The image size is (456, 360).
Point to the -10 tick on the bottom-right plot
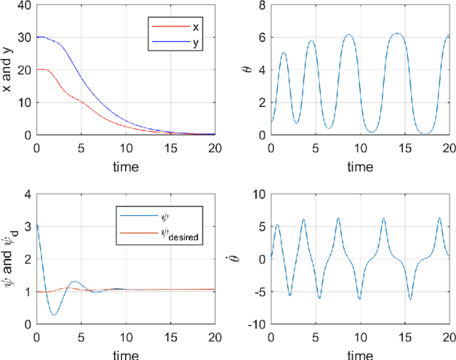click(x=256, y=324)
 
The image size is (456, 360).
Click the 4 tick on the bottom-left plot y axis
click(x=28, y=195)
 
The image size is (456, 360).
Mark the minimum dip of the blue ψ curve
click(x=54, y=314)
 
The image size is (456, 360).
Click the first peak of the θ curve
click(x=284, y=53)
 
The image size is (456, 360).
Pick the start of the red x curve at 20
click(x=37, y=70)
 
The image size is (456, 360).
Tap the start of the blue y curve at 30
click(x=37, y=37)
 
